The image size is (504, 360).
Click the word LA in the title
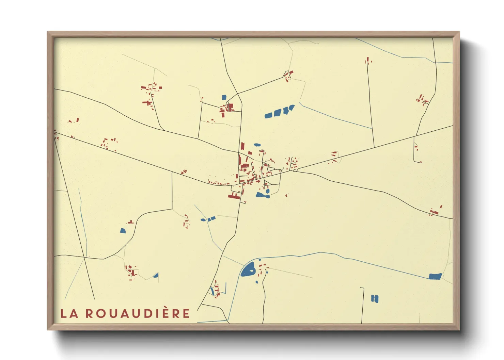click(69, 313)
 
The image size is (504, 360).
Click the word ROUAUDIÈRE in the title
click(137, 313)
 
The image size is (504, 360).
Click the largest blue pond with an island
click(248, 269)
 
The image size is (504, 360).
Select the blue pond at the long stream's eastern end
click(435, 276)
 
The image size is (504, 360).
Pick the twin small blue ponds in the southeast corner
click(375, 299)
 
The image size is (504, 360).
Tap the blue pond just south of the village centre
click(262, 195)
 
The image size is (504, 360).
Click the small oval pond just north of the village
click(257, 145)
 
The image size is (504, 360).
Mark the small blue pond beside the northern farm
click(224, 97)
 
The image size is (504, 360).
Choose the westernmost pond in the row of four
click(269, 115)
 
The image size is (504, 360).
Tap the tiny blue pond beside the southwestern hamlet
click(156, 275)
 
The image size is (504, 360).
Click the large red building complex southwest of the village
click(234, 196)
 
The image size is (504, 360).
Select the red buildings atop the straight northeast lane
click(368, 61)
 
